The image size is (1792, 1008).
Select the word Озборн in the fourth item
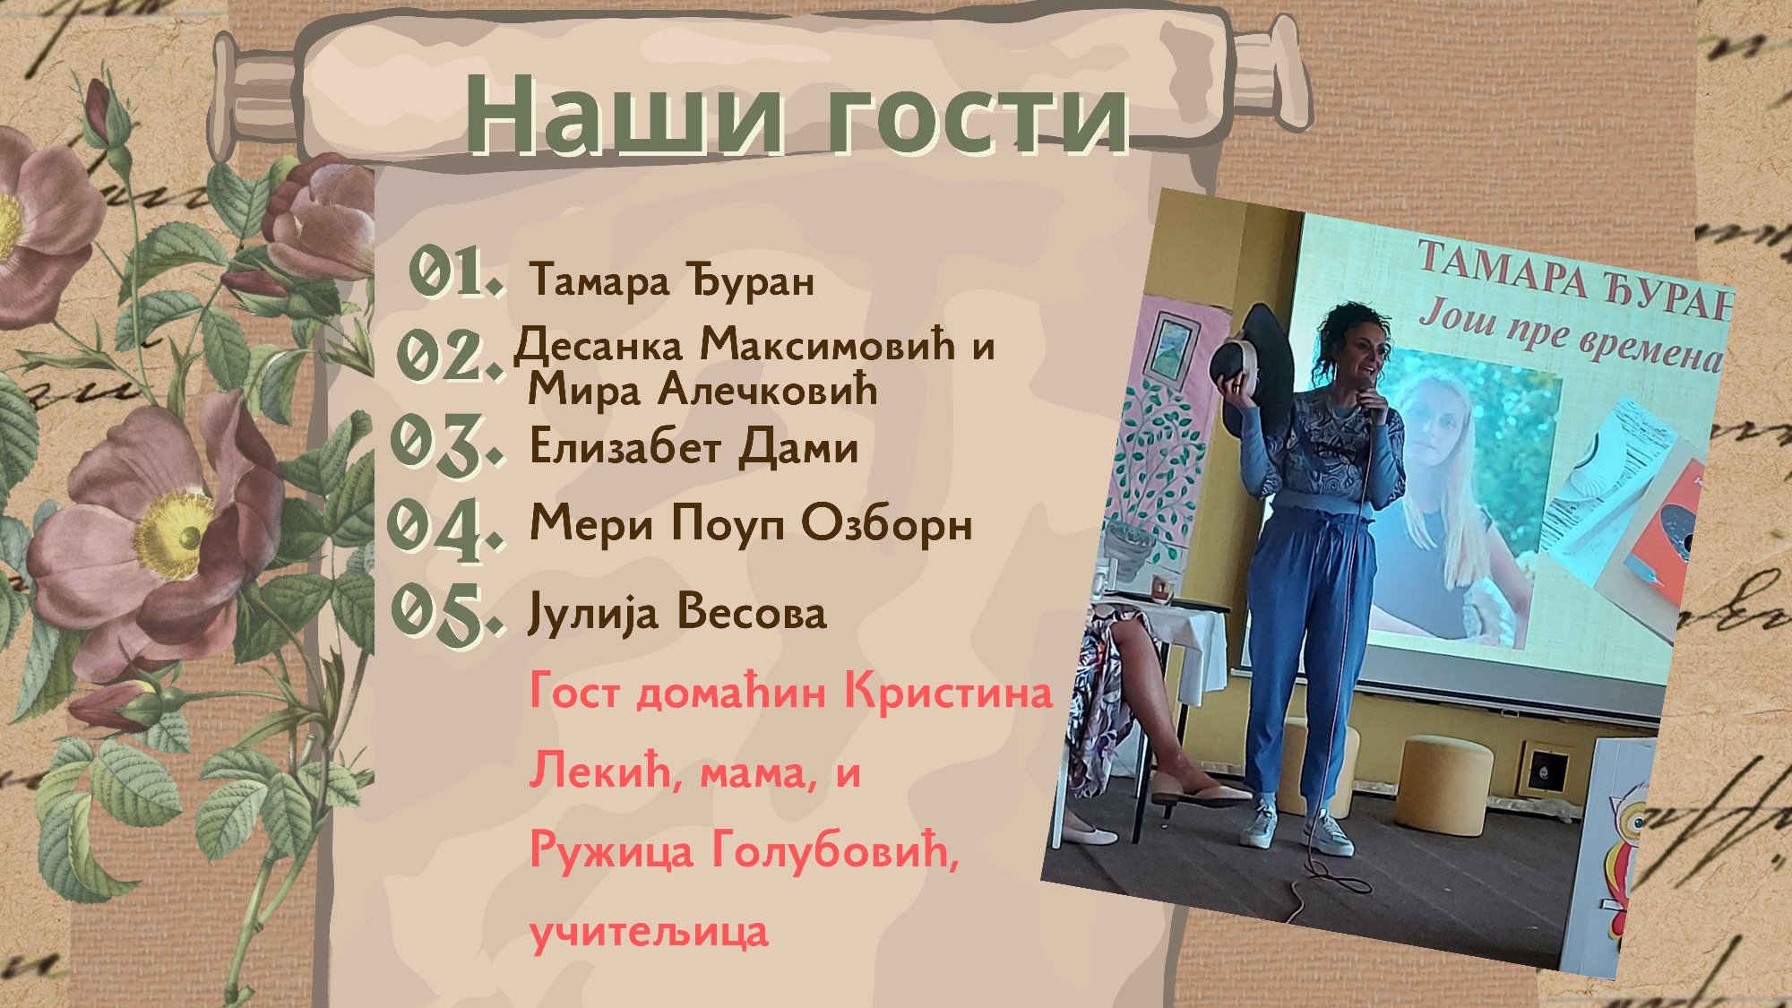click(887, 523)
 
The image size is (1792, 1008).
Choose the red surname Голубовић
click(834, 849)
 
